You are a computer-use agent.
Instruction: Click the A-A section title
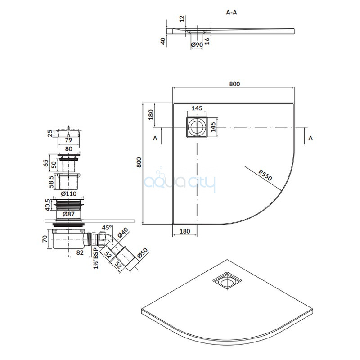point(231,13)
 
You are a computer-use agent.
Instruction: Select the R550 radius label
point(265,175)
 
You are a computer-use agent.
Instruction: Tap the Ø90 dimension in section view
point(197,45)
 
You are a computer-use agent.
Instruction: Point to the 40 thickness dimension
point(163,41)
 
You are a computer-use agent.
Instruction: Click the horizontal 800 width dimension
point(234,84)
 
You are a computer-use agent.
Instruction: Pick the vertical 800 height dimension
point(139,162)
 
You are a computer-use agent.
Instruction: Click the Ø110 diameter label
point(69,194)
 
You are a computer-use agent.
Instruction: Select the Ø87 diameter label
point(69,214)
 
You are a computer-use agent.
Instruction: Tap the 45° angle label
point(107,228)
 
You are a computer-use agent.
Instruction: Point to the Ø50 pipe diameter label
point(143,253)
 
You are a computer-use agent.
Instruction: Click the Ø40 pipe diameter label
point(123,233)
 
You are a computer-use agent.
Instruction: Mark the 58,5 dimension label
point(51,181)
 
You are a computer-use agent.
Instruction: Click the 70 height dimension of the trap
point(45,239)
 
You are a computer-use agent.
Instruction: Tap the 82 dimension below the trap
point(80,252)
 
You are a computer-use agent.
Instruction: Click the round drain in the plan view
point(197,127)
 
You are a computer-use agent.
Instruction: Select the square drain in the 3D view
point(227,281)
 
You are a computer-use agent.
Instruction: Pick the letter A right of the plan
point(310,138)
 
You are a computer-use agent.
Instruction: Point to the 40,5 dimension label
point(48,205)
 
